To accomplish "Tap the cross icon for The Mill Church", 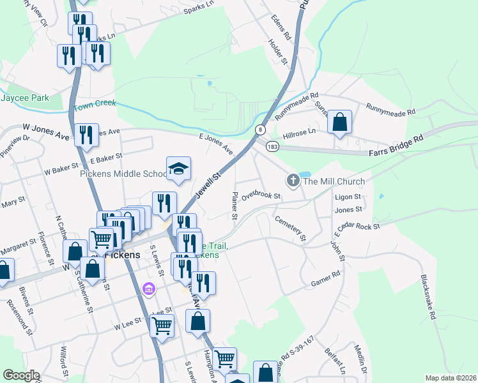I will click(x=293, y=181).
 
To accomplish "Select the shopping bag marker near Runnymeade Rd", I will click(x=340, y=121).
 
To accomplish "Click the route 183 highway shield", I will click(x=272, y=146).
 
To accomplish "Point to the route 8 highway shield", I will click(x=260, y=130).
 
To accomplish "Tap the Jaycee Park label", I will click(x=25, y=98).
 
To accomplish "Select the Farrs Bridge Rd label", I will click(x=396, y=153).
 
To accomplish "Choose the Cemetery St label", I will click(x=291, y=228).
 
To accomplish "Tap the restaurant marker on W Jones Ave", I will click(x=86, y=135).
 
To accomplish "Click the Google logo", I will click(x=21, y=375).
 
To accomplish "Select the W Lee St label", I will click(x=127, y=326).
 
